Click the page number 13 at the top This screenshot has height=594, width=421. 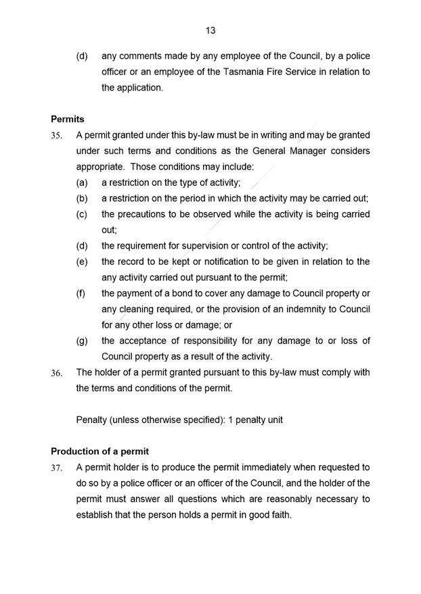point(210,30)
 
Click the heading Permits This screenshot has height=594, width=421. point(68,119)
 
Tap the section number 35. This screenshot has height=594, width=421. point(57,135)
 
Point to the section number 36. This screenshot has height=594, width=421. point(57,373)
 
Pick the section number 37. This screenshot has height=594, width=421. point(57,468)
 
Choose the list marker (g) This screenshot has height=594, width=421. point(82,341)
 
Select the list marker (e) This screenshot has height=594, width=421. point(82,262)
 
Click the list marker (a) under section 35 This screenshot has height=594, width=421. point(82,182)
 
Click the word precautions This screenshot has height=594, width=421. point(143,214)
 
